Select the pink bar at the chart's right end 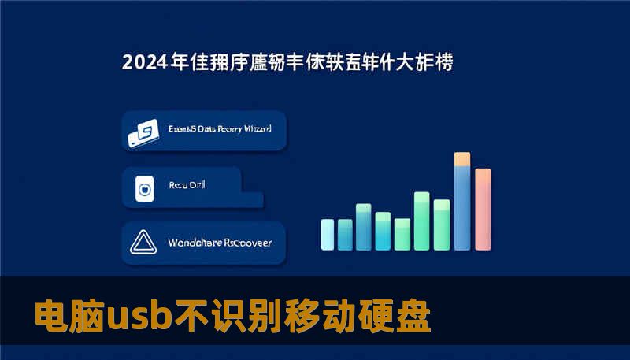coord(483,208)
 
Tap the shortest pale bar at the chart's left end coord(328,234)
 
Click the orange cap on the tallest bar coord(462,159)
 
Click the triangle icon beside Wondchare coord(144,243)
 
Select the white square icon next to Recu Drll coord(144,188)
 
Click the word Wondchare coord(195,243)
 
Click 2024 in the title coord(143,61)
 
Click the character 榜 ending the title coord(443,61)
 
